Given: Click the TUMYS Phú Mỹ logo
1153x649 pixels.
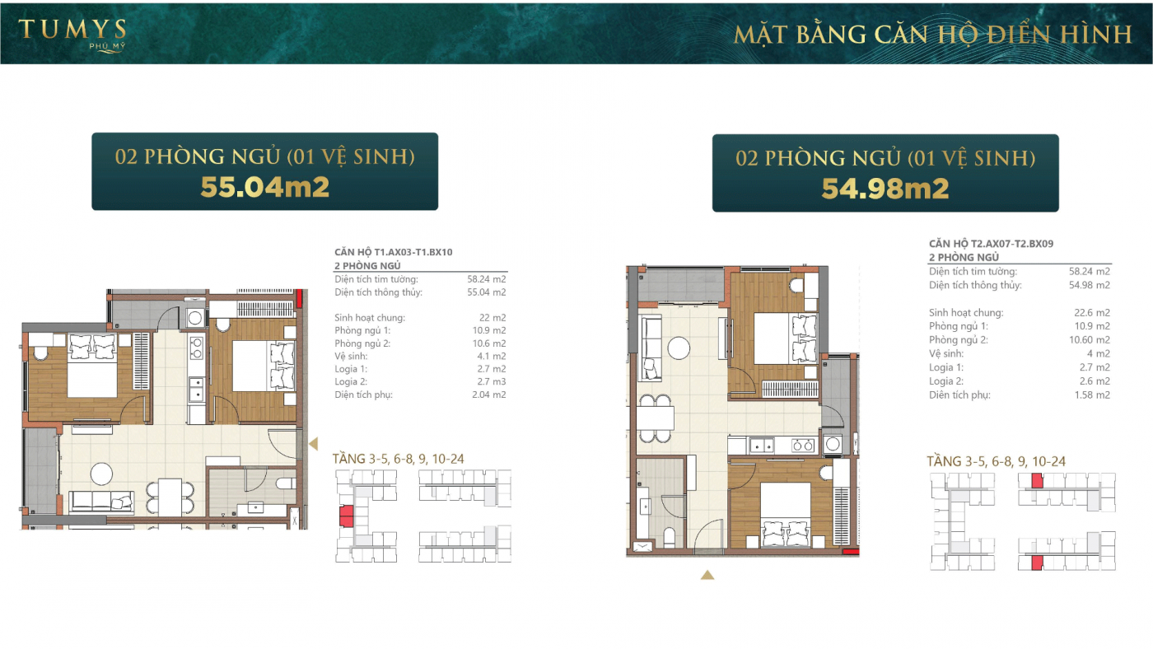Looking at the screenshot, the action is [72, 35].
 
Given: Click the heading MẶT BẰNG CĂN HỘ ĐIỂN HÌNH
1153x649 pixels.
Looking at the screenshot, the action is [932, 35].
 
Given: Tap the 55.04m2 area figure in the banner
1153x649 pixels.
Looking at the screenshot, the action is [264, 187].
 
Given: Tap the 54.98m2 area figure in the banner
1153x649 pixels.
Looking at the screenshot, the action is [885, 189].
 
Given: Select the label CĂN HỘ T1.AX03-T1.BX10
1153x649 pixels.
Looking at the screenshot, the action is [394, 252].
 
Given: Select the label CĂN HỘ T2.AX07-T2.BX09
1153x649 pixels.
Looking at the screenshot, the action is [991, 244].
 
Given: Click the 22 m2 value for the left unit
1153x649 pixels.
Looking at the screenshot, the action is [492, 318].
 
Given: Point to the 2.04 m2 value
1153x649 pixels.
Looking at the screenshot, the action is [488, 395].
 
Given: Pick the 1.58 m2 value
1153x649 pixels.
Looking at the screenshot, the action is [1092, 395].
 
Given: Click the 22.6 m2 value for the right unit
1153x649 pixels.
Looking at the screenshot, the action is [1091, 312].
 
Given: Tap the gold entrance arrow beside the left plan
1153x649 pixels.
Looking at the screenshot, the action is [314, 444].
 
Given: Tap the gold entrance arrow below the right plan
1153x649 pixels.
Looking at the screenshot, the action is [707, 575].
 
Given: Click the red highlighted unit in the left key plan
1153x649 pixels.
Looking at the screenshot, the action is [347, 516].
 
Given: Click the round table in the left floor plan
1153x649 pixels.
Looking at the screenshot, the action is [101, 474].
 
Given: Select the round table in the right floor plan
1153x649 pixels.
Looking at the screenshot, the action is [679, 348].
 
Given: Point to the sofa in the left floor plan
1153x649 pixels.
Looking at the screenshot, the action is [101, 501].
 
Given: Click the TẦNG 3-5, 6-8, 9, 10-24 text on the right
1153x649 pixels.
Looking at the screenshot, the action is [996, 461].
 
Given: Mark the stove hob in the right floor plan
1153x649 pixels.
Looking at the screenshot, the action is [802, 446].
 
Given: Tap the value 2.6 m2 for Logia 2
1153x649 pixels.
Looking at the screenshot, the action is [1095, 381].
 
